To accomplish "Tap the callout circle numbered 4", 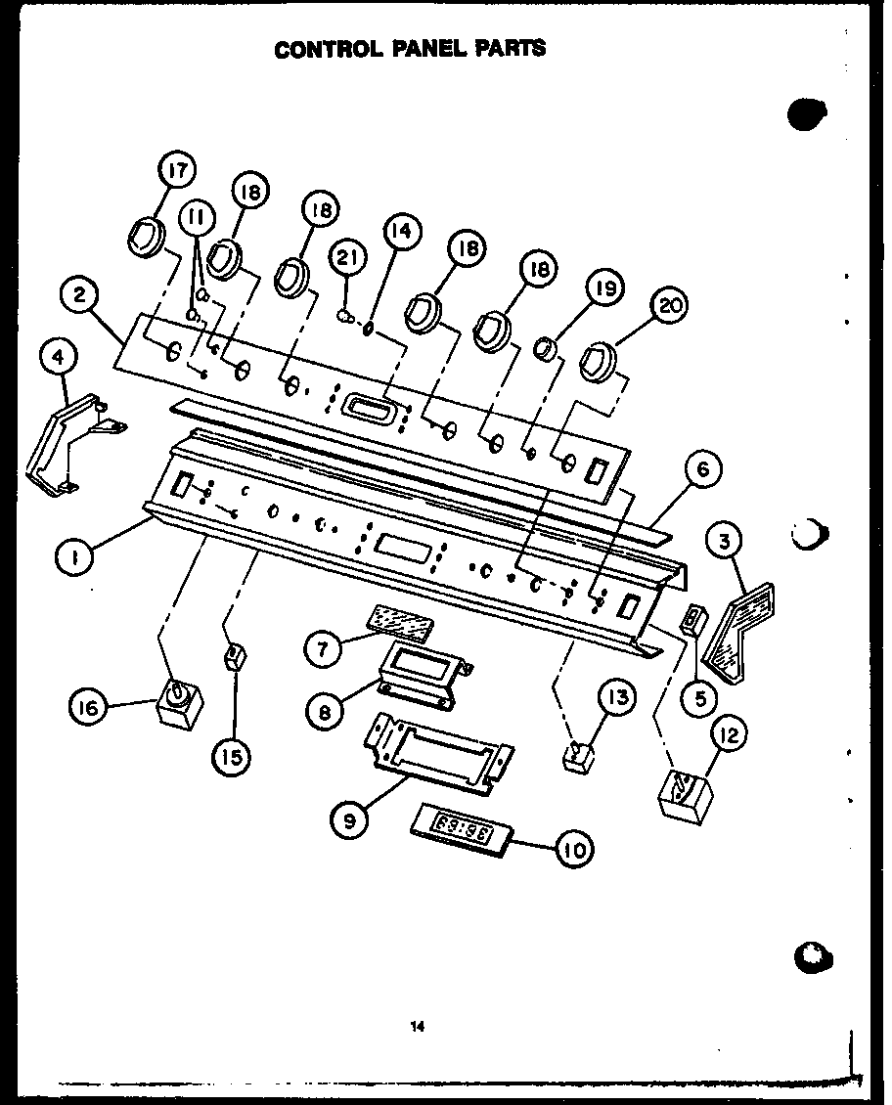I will coord(61,358).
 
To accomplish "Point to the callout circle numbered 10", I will coord(575,850).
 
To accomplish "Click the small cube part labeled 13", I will coord(580,755).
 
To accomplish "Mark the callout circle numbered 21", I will coord(349,259).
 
